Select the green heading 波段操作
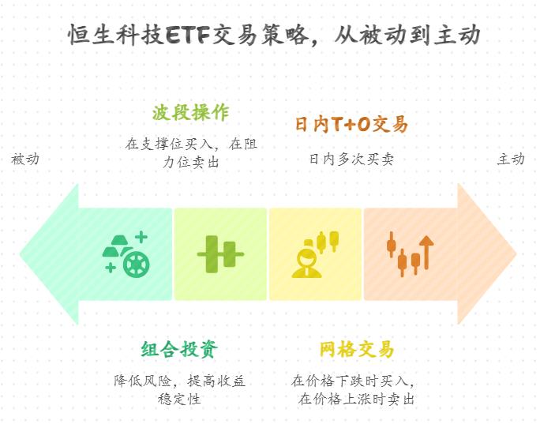coord(191,112)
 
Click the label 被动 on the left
coord(25,159)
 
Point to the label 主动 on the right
coord(511,159)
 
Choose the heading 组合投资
coord(179,349)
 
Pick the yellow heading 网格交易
coord(356,349)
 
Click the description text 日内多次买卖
coord(351,159)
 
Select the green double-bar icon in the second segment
coord(220,254)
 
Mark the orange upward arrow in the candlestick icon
coord(426,250)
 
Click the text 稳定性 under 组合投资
coord(179,399)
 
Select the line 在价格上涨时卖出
coord(357,399)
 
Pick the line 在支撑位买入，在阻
coord(191,145)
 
